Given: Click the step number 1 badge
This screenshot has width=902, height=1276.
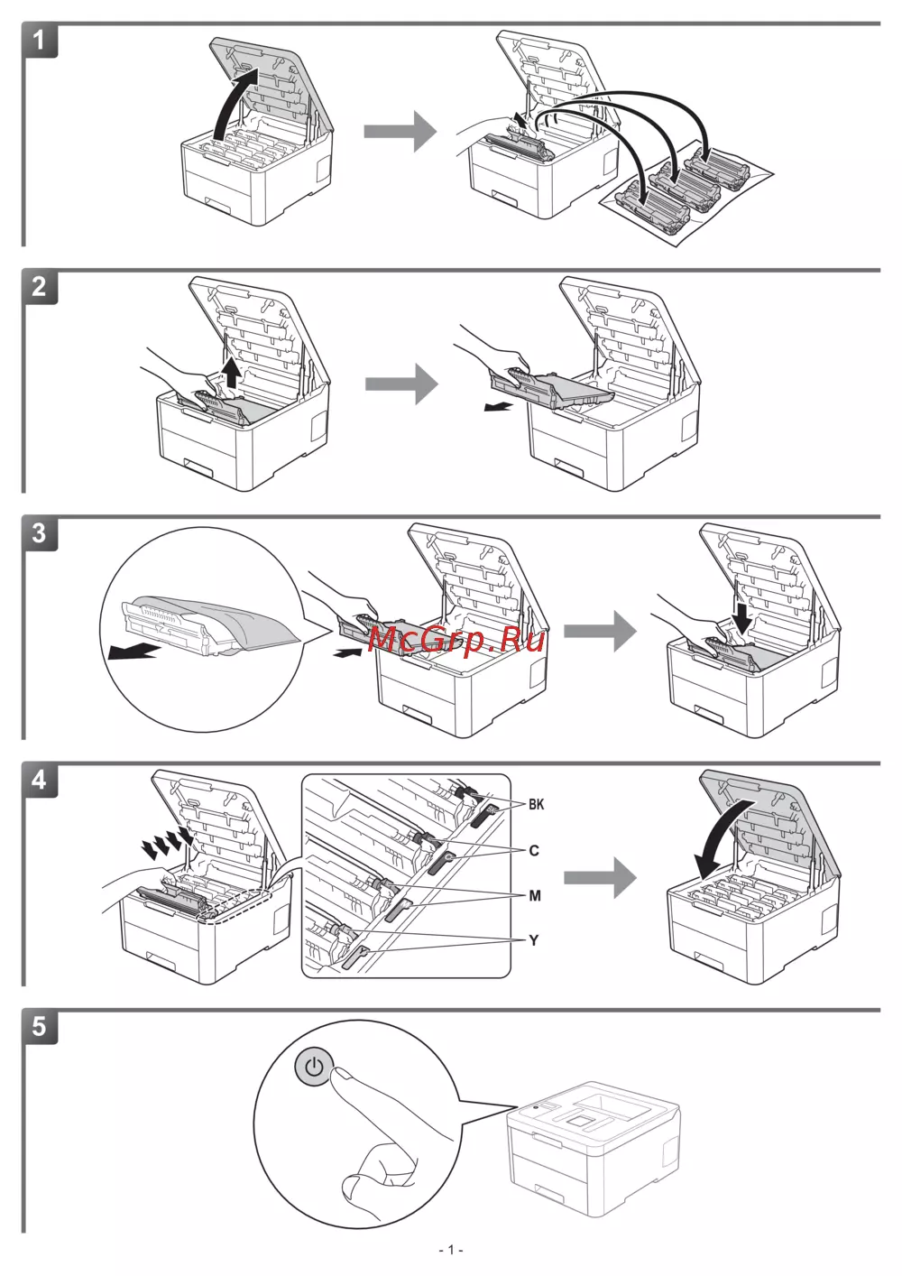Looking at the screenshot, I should [x=39, y=41].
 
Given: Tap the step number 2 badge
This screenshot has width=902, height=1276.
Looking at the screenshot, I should [x=39, y=287].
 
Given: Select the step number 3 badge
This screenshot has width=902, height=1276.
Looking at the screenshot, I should [x=39, y=532].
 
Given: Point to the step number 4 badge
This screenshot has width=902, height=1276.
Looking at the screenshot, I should [x=39, y=780].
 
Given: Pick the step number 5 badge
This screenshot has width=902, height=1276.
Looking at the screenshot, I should [x=39, y=1026].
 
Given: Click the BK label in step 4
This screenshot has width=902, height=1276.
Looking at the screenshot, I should [x=537, y=804].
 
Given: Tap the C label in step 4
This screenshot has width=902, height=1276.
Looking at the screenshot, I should [x=534, y=850].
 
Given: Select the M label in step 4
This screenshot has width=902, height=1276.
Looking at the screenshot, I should [x=535, y=895].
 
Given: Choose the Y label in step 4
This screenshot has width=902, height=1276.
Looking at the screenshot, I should [x=534, y=940].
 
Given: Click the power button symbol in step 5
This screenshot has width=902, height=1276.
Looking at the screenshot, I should [x=313, y=1068].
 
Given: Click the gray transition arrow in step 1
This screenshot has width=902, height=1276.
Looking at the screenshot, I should [x=400, y=132].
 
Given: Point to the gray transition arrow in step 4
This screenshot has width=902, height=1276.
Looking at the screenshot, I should [x=600, y=877].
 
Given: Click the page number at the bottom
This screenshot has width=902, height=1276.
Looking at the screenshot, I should [x=451, y=1250].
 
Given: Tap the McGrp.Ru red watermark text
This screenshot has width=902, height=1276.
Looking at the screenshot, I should [x=456, y=640].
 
